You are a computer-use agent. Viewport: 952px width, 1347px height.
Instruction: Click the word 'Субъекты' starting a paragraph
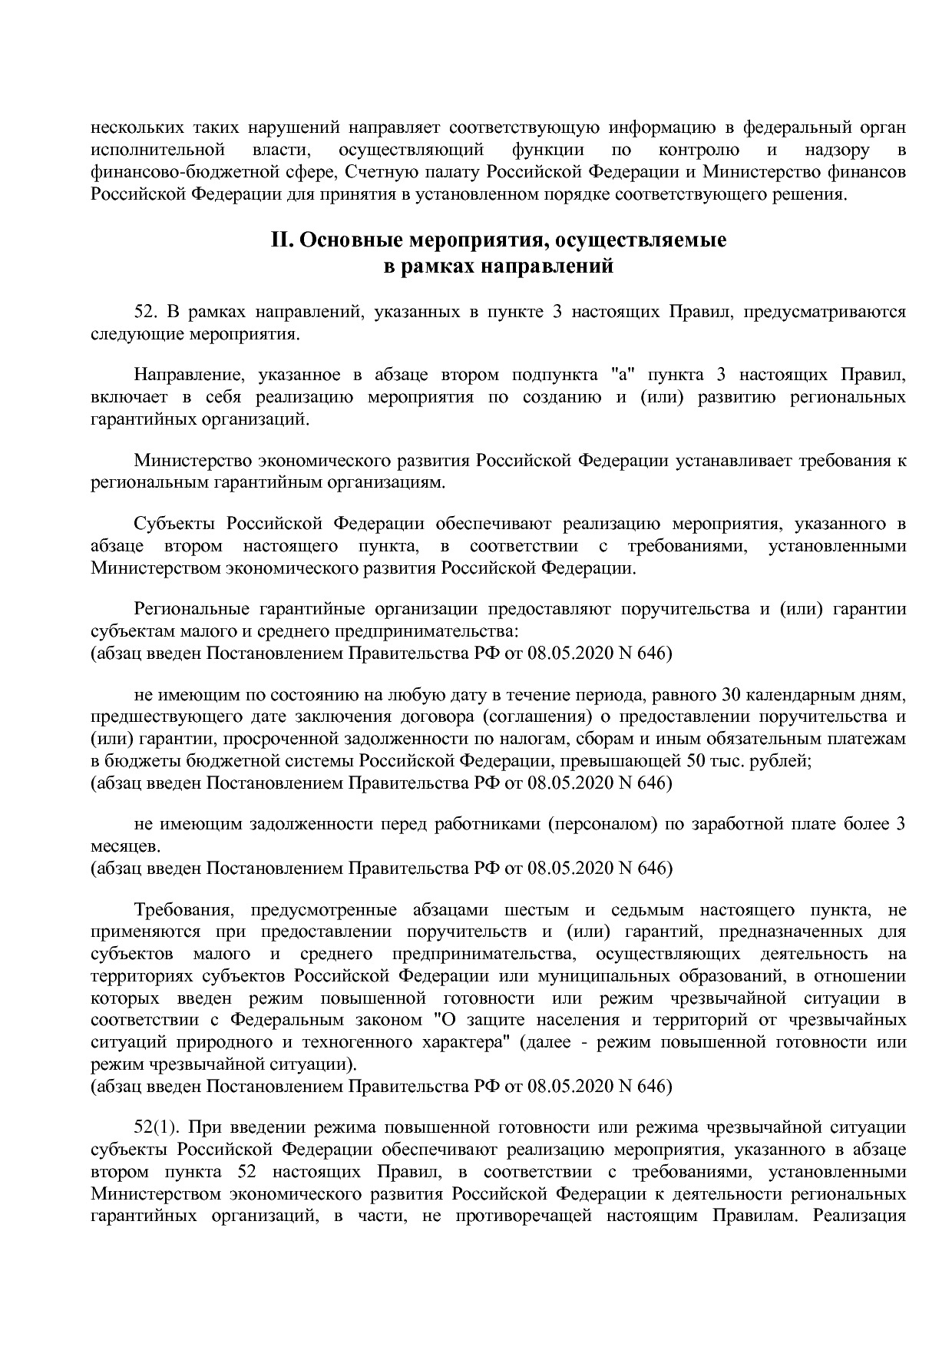[x=174, y=525]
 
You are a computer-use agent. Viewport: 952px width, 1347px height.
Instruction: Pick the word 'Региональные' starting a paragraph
[x=191, y=609]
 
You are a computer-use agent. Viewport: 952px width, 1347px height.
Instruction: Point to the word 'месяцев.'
[x=126, y=846]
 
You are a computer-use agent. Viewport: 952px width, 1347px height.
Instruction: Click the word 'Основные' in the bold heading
[x=345, y=240]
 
